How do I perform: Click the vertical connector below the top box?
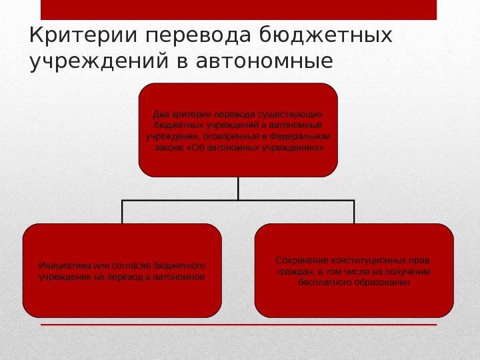238,188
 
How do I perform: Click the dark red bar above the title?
238,9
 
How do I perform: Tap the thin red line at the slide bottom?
238,325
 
